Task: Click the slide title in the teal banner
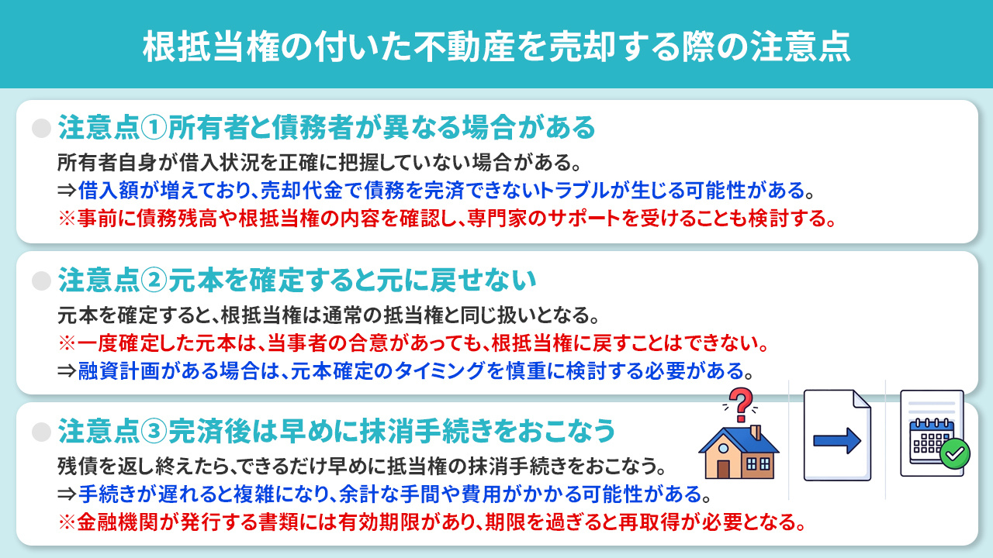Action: point(496,46)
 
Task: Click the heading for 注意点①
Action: point(326,126)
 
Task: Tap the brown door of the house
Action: point(724,468)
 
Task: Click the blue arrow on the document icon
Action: point(837,441)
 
